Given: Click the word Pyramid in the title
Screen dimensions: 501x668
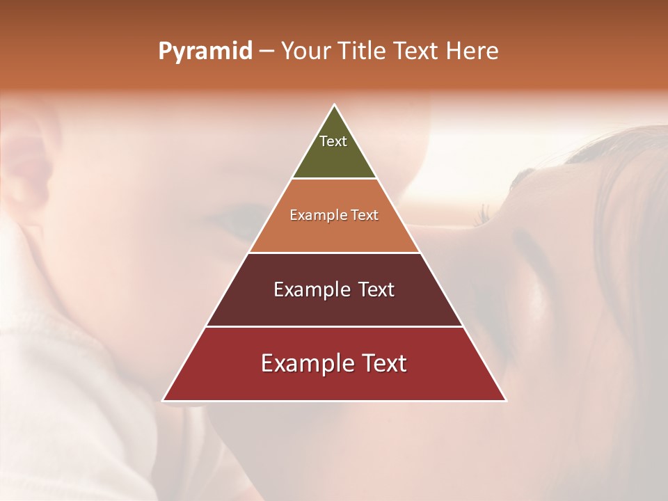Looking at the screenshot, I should click(x=205, y=51).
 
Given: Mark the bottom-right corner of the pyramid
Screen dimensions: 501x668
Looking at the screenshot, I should click(x=505, y=400).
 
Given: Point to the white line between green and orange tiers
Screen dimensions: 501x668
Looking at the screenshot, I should click(x=334, y=179).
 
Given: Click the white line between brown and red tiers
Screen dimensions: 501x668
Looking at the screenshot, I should click(x=334, y=326).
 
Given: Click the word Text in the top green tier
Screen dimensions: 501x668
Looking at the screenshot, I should click(x=333, y=141).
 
